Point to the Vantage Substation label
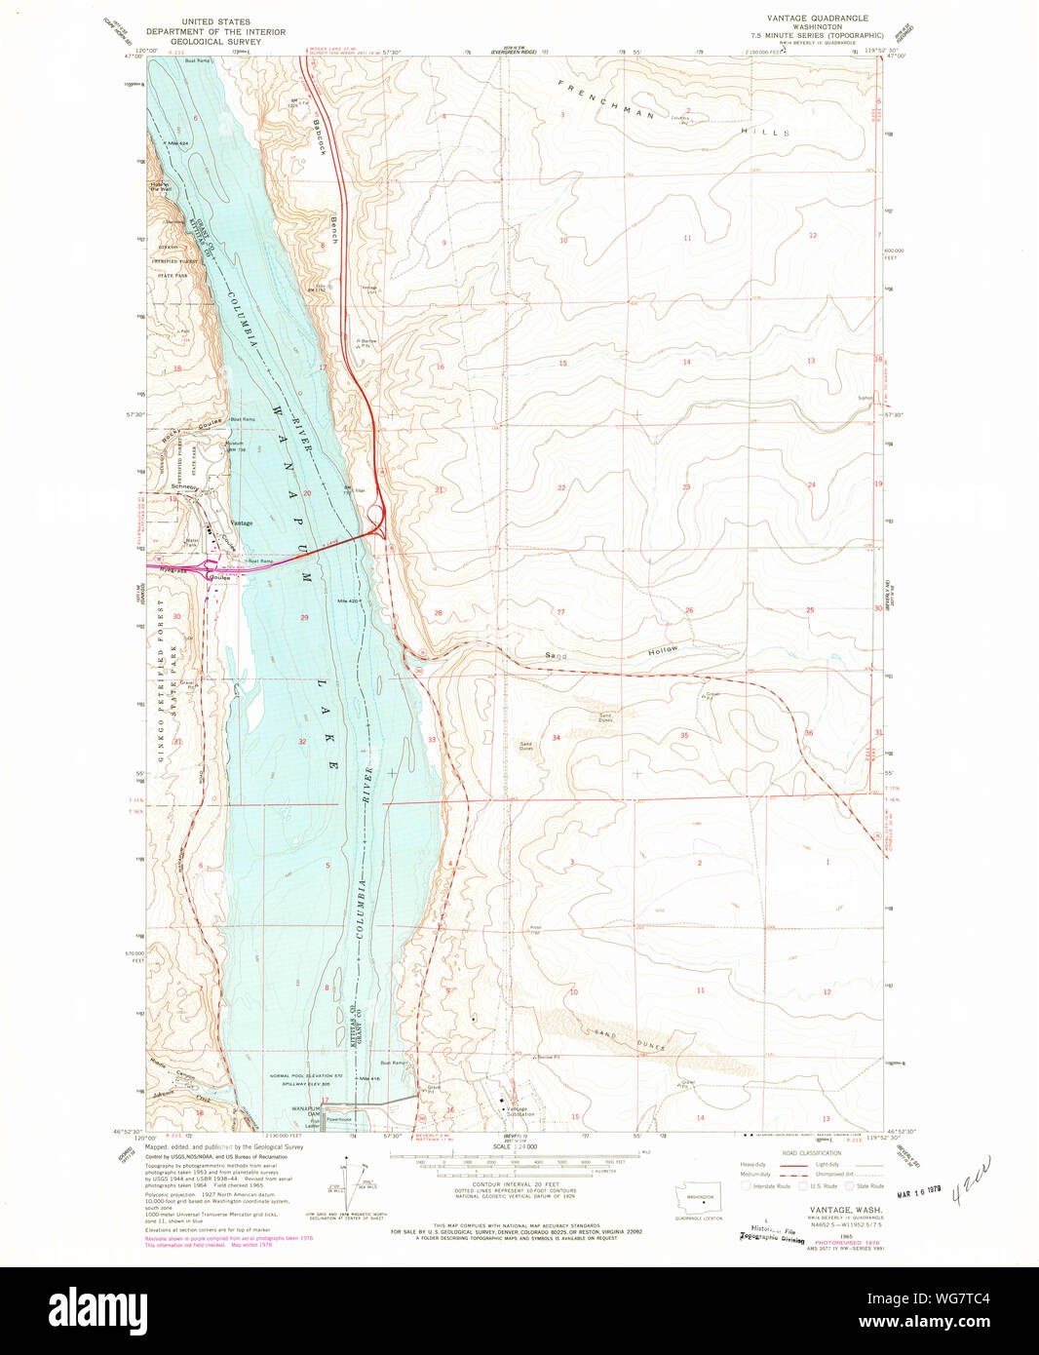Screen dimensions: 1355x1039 (x=519, y=1111)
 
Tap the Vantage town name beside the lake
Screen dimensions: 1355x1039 (x=241, y=523)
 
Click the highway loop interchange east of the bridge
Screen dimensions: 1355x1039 (x=376, y=516)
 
